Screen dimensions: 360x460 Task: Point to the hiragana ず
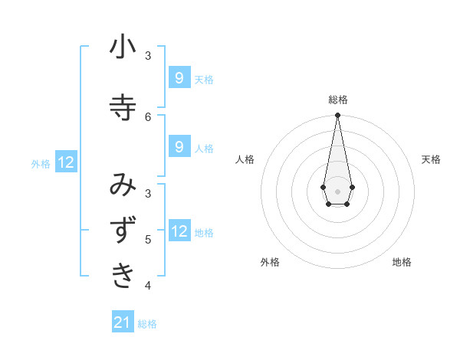[123, 231]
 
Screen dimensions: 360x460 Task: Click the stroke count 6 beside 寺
[148, 116]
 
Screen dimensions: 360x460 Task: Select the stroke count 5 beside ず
[148, 239]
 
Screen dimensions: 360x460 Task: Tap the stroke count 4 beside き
[148, 286]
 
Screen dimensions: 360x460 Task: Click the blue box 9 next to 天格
[179, 77]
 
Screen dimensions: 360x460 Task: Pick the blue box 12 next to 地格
[179, 231]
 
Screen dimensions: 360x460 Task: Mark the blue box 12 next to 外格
[66, 162]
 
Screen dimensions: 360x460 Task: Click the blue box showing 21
[123, 322]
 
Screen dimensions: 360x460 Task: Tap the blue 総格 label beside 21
[147, 324]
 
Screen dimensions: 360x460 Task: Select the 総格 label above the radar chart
[337, 100]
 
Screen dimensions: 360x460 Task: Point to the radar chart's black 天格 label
[431, 159]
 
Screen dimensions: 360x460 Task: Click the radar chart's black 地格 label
[402, 262]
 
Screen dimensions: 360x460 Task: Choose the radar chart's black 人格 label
[245, 159]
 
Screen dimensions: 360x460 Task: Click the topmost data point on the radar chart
[337, 116]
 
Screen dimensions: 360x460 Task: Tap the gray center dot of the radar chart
[337, 190]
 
